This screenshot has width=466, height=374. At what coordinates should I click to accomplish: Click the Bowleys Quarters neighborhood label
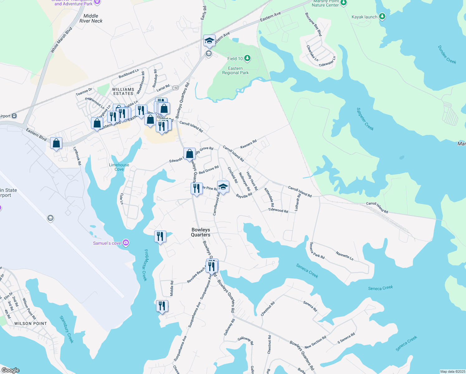click(201, 232)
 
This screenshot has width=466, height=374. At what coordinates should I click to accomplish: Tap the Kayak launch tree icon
click(382, 17)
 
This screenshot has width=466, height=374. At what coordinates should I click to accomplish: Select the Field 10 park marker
click(247, 58)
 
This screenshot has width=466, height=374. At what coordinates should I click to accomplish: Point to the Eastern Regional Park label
click(235, 70)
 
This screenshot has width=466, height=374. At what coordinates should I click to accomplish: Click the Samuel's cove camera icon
click(126, 243)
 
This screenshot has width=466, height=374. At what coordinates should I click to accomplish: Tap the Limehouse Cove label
click(119, 167)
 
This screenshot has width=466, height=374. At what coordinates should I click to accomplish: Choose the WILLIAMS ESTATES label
click(123, 91)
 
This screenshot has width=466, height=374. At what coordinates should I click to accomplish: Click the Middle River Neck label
click(91, 18)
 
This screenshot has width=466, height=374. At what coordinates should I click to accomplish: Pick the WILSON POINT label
click(31, 324)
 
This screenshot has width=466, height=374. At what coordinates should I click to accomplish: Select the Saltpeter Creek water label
click(365, 119)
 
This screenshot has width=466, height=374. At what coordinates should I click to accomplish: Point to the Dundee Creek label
click(447, 55)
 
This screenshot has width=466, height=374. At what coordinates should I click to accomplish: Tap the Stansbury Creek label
click(66, 329)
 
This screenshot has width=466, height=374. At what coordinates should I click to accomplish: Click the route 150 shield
click(176, 88)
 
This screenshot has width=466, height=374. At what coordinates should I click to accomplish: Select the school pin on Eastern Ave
click(209, 41)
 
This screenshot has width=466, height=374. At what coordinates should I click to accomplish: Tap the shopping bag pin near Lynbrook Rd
click(56, 143)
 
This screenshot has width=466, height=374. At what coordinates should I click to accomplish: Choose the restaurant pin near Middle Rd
click(162, 306)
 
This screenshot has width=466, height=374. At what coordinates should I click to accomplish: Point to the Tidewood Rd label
click(278, 210)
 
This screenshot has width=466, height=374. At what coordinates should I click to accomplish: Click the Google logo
click(11, 370)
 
